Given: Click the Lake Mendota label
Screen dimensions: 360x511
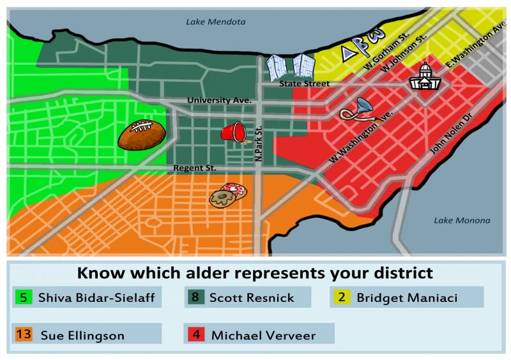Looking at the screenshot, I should tap(215, 22).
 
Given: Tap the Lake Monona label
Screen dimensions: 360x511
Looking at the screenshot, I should tap(462, 220).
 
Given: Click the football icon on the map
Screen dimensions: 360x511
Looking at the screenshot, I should tap(141, 134).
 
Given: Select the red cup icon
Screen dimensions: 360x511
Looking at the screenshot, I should tap(233, 132).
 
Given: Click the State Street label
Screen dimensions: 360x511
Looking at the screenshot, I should tap(304, 84).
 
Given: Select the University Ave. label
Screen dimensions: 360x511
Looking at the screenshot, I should tap(220, 100).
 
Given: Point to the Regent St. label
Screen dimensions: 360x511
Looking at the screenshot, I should tap(195, 168).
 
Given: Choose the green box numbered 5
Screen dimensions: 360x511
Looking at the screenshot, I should tap(24, 297).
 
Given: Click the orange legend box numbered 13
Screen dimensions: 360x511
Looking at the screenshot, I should tap(23, 334).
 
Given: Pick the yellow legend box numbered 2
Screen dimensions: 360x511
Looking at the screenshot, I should tap(341, 297).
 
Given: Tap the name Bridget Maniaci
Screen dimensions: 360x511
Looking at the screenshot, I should tap(406, 297).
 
